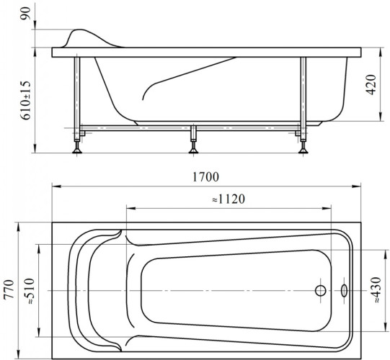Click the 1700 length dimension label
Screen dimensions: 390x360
[x=206, y=177]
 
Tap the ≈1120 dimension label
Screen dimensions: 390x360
[x=229, y=199]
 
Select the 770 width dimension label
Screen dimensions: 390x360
[x=9, y=289]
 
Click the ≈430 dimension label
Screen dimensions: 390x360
[x=376, y=290]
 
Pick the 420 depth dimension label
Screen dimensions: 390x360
[x=371, y=84]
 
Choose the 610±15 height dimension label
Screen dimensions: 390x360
[x=26, y=101]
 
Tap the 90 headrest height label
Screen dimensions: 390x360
[x=27, y=14]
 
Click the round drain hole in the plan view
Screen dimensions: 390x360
[x=321, y=290]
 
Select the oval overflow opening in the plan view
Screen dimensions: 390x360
[x=345, y=290]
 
